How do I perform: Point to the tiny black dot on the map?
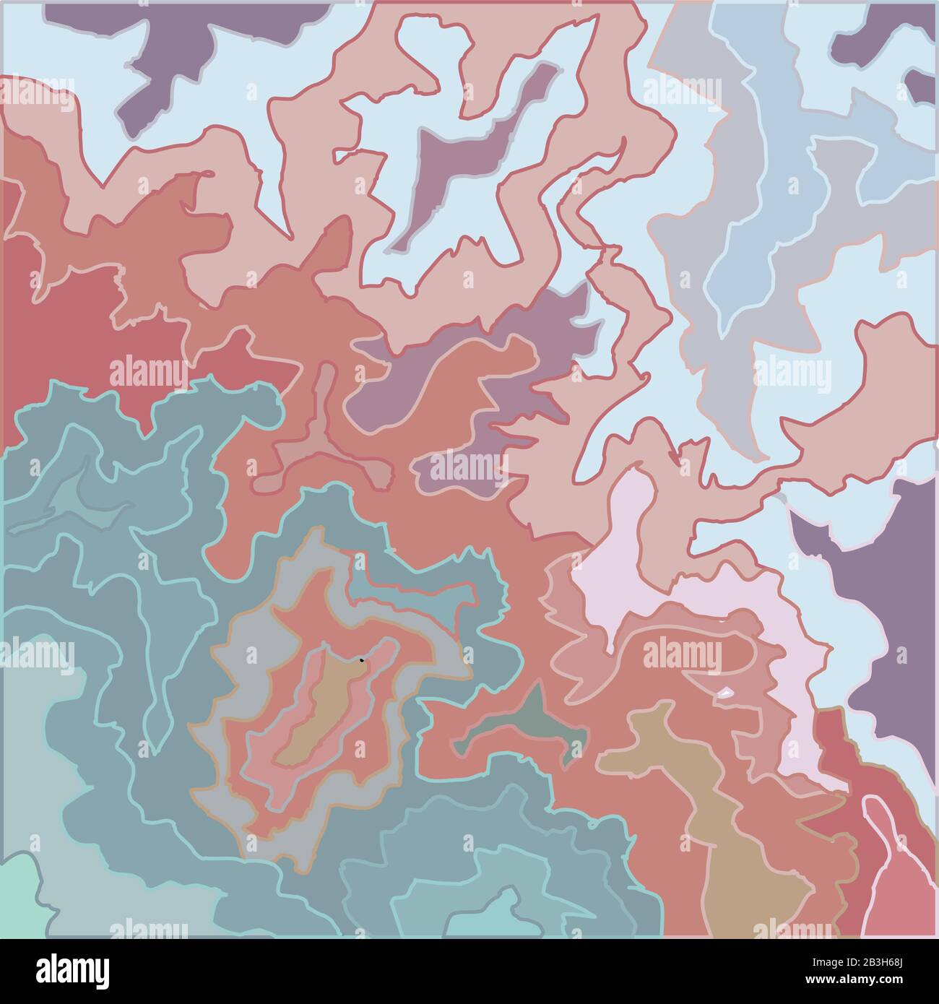point(361,659)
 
